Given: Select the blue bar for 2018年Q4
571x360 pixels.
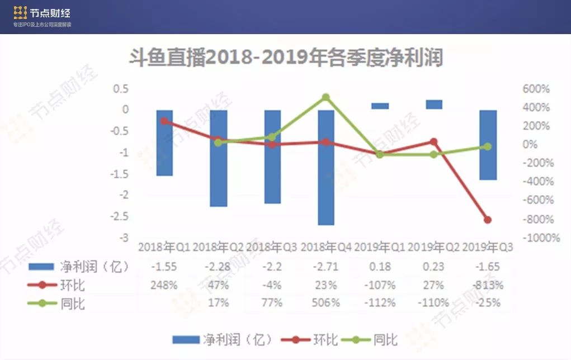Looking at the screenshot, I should pyautogui.click(x=326, y=167).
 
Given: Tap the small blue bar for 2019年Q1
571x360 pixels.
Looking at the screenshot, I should pyautogui.click(x=380, y=106).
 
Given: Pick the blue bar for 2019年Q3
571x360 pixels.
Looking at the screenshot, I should pyautogui.click(x=488, y=145).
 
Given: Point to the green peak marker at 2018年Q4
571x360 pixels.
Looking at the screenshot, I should pyautogui.click(x=326, y=97).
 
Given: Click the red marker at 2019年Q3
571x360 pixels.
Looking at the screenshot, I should pyautogui.click(x=488, y=220).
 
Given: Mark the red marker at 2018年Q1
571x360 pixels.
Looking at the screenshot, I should pyautogui.click(x=164, y=121).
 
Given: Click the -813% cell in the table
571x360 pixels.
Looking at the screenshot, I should pyautogui.click(x=488, y=285).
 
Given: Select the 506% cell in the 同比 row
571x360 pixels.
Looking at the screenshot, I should pyautogui.click(x=325, y=303).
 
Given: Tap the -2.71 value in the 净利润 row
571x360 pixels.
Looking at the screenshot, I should pyautogui.click(x=325, y=267).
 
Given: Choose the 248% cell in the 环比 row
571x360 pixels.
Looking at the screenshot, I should pyautogui.click(x=164, y=285).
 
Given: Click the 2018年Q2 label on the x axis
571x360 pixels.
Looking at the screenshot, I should pyautogui.click(x=218, y=247).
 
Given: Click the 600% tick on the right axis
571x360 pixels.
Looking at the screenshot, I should pyautogui.click(x=536, y=89).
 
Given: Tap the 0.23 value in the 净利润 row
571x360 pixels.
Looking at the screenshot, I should pyautogui.click(x=433, y=267).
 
